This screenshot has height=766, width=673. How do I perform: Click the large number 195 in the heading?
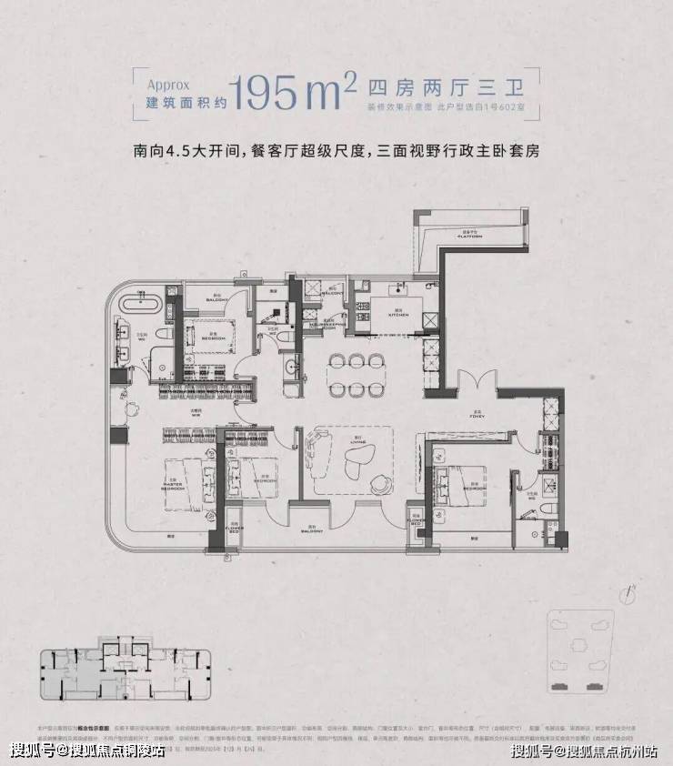tap(265, 92)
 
